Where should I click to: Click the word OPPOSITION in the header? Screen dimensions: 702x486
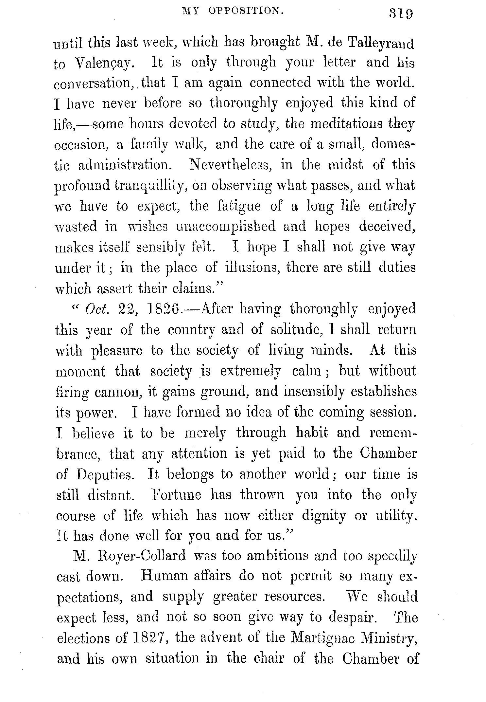[246, 12]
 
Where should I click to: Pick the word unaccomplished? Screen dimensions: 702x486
[226, 227]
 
